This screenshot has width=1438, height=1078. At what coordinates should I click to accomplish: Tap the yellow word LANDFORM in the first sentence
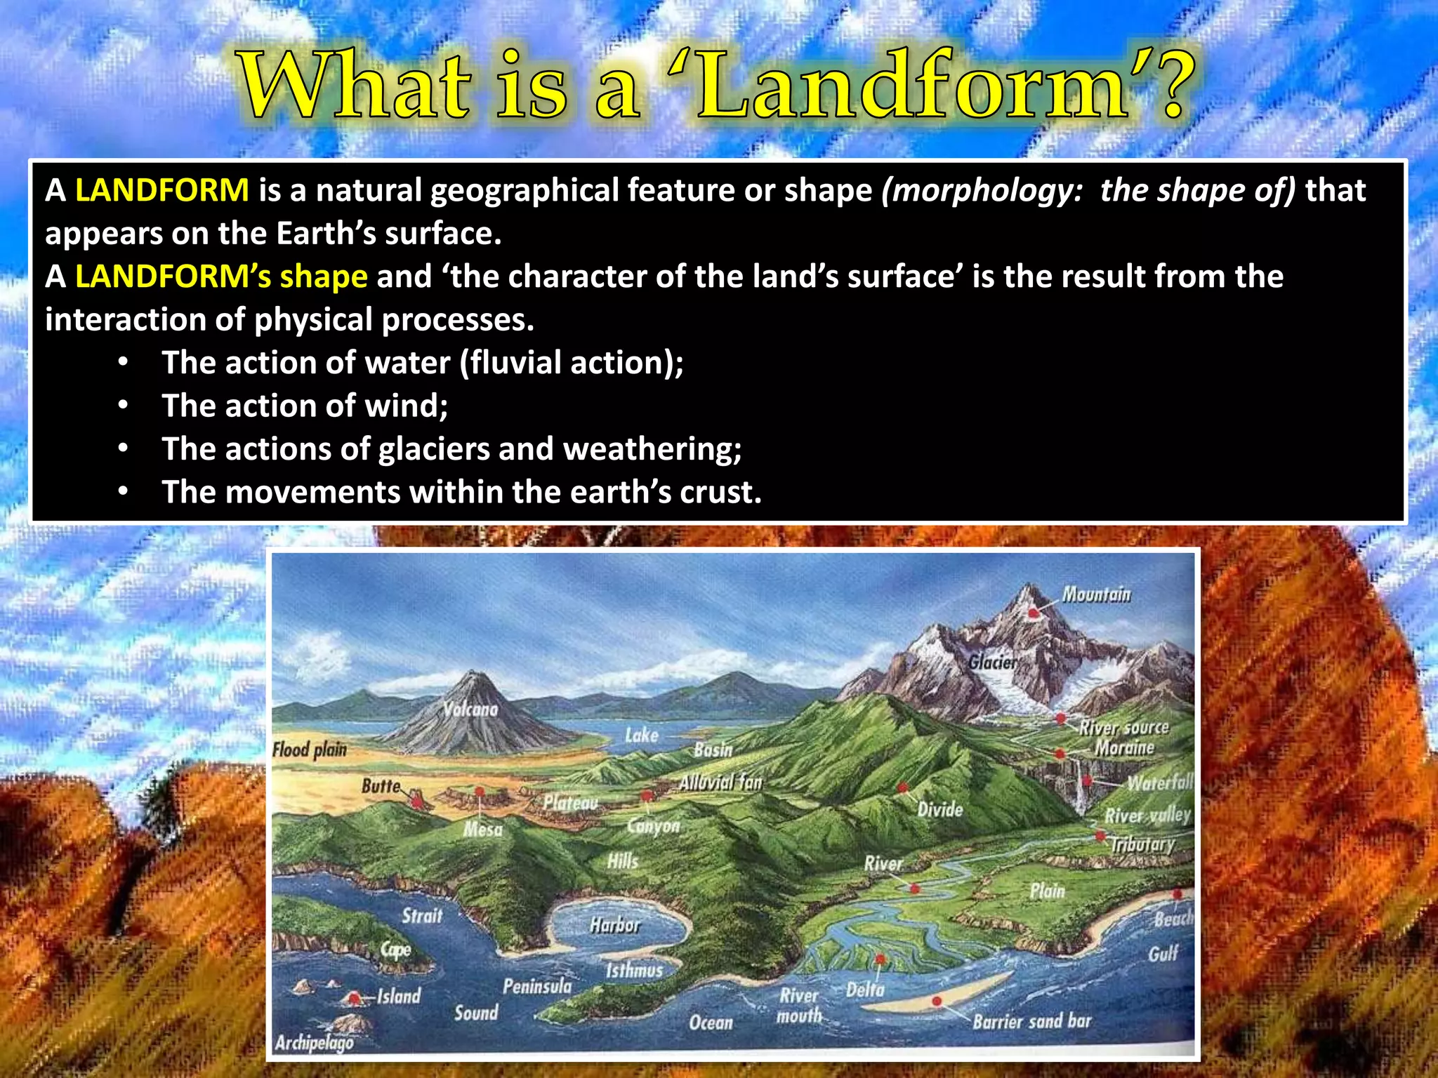(161, 191)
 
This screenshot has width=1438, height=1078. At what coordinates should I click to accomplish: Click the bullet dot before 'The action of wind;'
(124, 406)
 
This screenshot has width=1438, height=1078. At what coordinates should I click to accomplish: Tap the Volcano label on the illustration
(470, 710)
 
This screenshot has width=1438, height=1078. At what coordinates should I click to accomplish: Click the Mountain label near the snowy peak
(1096, 595)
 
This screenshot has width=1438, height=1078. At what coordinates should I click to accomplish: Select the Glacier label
(992, 662)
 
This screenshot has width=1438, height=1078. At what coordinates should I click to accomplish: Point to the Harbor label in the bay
(615, 925)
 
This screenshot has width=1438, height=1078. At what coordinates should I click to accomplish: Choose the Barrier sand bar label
(1031, 1020)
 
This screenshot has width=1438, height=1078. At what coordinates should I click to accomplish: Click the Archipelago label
(314, 1043)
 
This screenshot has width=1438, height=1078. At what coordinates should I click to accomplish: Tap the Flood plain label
(310, 750)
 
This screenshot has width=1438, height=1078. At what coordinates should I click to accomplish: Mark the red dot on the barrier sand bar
(936, 1001)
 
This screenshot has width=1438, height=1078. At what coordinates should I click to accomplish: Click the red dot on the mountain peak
(1034, 613)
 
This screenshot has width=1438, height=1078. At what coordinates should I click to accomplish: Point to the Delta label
(865, 990)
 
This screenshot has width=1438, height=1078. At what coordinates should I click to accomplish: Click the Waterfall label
(1159, 783)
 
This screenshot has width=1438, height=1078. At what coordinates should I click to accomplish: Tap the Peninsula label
(537, 987)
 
